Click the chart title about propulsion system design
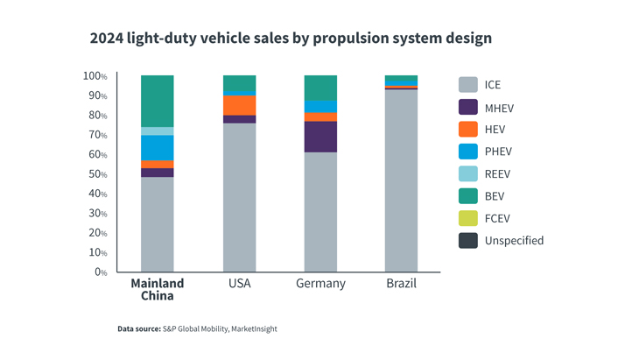(x=291, y=39)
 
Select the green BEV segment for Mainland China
(x=158, y=101)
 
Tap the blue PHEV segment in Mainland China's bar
(x=158, y=148)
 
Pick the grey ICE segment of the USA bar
(x=240, y=197)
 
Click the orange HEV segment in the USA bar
(x=240, y=105)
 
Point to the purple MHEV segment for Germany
(x=320, y=137)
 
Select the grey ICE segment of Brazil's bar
(x=401, y=180)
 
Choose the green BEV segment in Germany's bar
(x=320, y=88)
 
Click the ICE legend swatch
(x=468, y=85)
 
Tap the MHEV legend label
(x=499, y=109)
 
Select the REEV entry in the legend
(x=497, y=174)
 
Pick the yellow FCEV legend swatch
(x=468, y=218)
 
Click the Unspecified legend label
(x=514, y=241)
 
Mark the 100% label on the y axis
(x=95, y=76)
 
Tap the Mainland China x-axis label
(x=158, y=289)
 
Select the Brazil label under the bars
(x=401, y=284)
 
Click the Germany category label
(x=320, y=284)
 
